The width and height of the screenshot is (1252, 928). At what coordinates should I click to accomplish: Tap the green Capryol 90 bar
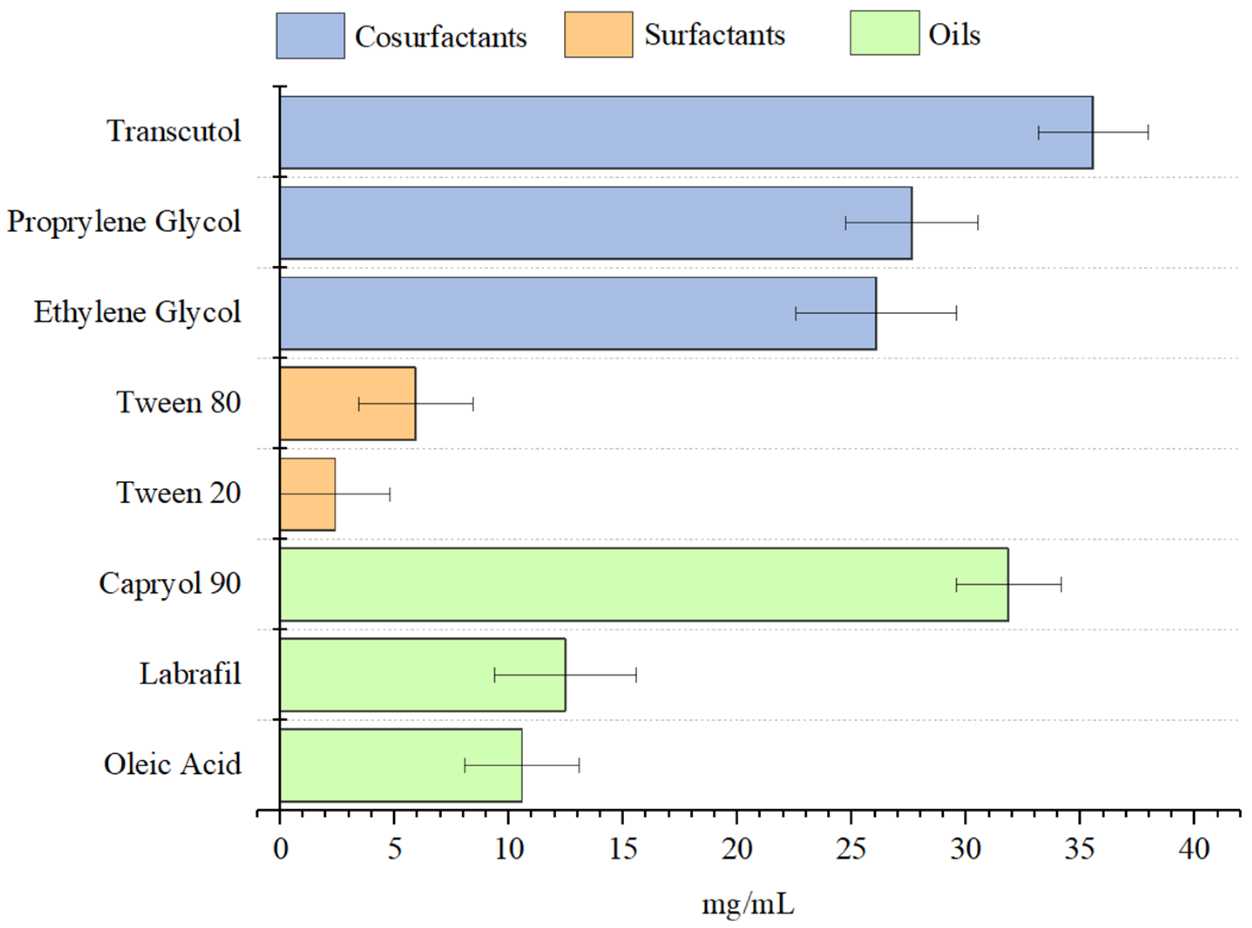[618, 584]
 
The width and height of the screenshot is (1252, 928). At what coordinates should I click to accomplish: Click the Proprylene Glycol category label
[124, 222]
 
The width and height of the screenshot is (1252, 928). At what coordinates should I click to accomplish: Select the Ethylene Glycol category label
[138, 312]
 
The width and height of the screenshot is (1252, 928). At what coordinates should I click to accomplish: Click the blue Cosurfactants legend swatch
[310, 35]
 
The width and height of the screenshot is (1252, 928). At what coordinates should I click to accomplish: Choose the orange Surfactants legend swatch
[598, 35]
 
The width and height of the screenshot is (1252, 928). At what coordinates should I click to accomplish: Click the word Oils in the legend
[954, 35]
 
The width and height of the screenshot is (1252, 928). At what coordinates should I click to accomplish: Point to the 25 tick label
[850, 849]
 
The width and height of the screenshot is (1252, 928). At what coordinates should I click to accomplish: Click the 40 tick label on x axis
[1194, 849]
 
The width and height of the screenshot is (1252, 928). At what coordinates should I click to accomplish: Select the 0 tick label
[280, 849]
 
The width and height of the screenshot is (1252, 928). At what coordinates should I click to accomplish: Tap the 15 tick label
[623, 849]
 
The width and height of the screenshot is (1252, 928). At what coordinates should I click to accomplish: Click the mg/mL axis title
[748, 904]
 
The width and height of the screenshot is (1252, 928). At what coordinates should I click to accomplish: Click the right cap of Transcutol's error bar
[1147, 132]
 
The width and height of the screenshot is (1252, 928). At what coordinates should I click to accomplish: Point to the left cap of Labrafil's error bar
[494, 675]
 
